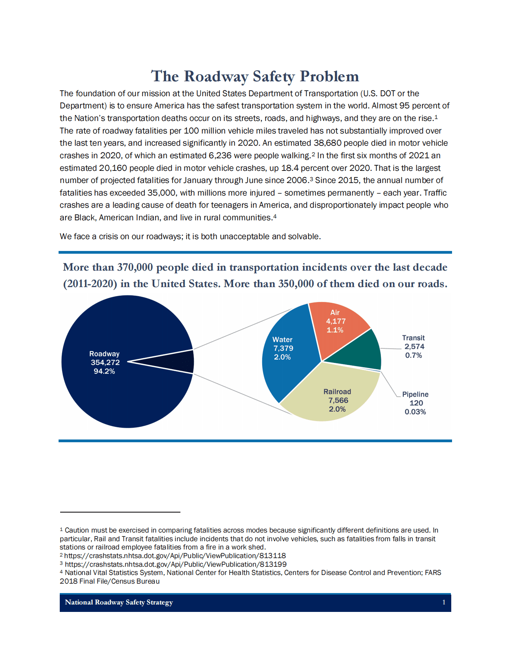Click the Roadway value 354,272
click(x=105, y=363)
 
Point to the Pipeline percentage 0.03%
click(x=415, y=412)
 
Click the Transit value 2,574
click(x=414, y=347)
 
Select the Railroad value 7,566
click(x=338, y=401)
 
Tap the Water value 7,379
click(x=283, y=348)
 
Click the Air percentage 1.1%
click(x=335, y=330)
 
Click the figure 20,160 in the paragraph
click(x=113, y=168)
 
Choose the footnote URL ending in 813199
click(x=175, y=564)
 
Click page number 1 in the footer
click(x=444, y=602)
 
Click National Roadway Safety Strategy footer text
click(x=119, y=602)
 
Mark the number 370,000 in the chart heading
click(x=135, y=267)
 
